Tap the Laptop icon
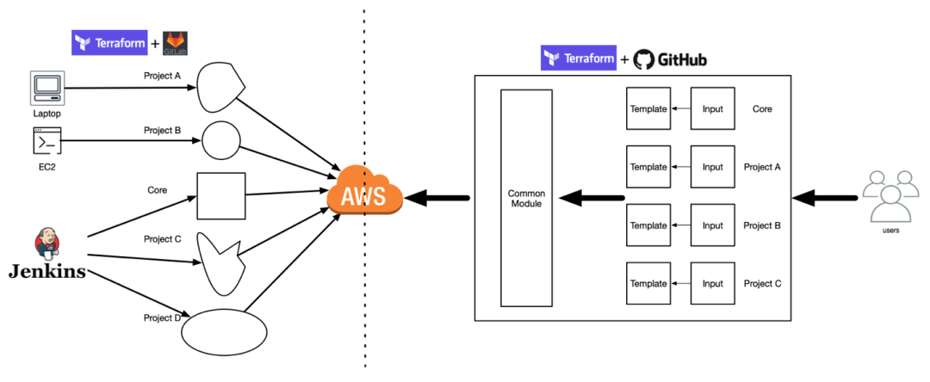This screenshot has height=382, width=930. point(46,89)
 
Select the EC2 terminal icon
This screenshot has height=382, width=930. point(46,140)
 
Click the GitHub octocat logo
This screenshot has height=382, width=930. point(644,59)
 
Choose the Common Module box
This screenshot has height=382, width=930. point(526,197)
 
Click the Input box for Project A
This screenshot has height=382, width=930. point(712,167)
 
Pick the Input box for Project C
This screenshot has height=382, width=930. point(712,283)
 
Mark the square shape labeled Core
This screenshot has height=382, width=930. point(221,195)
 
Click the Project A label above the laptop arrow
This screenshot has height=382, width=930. point(162,76)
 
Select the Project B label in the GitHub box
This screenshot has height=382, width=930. point(762,225)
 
